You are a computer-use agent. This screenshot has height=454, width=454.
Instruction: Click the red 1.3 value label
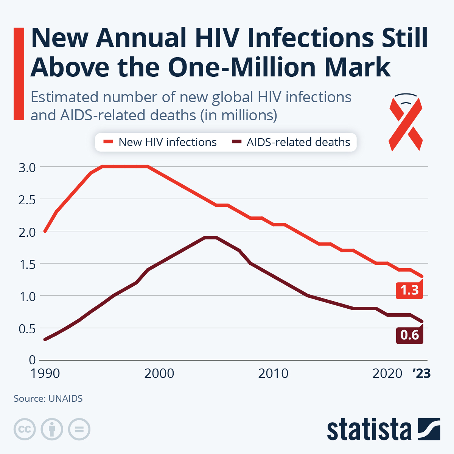click(x=409, y=290)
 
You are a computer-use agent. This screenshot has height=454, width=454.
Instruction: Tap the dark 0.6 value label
click(x=409, y=335)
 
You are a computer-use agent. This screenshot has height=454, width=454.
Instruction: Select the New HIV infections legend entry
click(x=160, y=142)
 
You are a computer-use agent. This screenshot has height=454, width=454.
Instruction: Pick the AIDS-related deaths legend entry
click(x=291, y=142)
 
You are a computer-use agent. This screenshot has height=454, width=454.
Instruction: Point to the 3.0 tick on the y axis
click(x=27, y=167)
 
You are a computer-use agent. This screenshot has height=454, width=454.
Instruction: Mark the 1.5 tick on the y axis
click(x=27, y=264)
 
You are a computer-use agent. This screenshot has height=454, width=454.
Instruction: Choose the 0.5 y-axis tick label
click(x=27, y=329)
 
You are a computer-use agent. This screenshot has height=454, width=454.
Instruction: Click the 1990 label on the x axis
click(x=45, y=374)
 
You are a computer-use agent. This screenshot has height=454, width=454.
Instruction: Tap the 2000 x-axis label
click(x=159, y=374)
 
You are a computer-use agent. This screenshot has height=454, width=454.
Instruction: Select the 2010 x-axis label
click(x=273, y=374)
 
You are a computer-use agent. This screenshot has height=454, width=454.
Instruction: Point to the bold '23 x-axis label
click(x=421, y=374)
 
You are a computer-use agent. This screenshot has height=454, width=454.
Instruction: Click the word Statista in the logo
click(x=369, y=430)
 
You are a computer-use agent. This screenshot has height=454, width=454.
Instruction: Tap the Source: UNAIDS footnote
click(x=48, y=398)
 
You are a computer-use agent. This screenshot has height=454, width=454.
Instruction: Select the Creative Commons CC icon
click(x=25, y=429)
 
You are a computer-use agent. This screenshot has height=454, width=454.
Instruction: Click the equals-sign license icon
click(x=79, y=429)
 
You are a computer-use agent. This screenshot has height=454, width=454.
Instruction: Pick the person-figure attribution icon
click(x=52, y=429)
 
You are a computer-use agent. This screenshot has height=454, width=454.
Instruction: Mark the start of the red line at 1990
click(x=45, y=231)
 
